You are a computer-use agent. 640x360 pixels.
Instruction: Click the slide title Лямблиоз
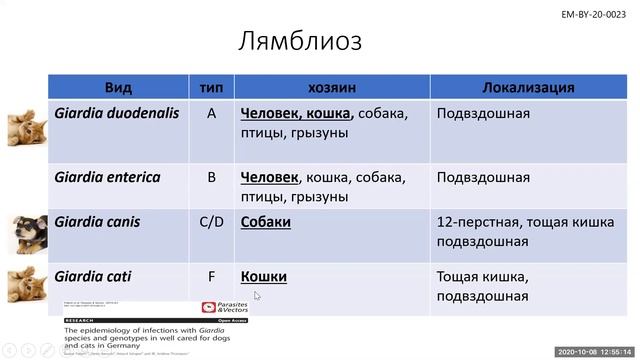click(x=300, y=41)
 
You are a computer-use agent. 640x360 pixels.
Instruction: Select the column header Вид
click(x=118, y=87)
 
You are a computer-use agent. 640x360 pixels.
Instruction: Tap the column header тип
click(x=211, y=87)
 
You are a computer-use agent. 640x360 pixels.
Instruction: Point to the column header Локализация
click(x=528, y=87)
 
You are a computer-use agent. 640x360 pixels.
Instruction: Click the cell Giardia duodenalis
click(x=117, y=113)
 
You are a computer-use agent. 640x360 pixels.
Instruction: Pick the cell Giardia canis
click(x=98, y=221)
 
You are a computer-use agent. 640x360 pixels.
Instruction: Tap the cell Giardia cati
click(x=94, y=275)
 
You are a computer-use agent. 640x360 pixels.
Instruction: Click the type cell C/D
click(x=211, y=221)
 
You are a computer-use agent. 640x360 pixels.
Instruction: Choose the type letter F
click(x=211, y=275)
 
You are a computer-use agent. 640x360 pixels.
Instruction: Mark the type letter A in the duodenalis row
click(x=211, y=113)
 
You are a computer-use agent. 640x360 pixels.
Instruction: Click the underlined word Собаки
click(x=265, y=221)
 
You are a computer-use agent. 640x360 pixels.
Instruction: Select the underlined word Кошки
click(x=263, y=275)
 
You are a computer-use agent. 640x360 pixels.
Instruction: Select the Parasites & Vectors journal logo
click(x=223, y=310)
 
